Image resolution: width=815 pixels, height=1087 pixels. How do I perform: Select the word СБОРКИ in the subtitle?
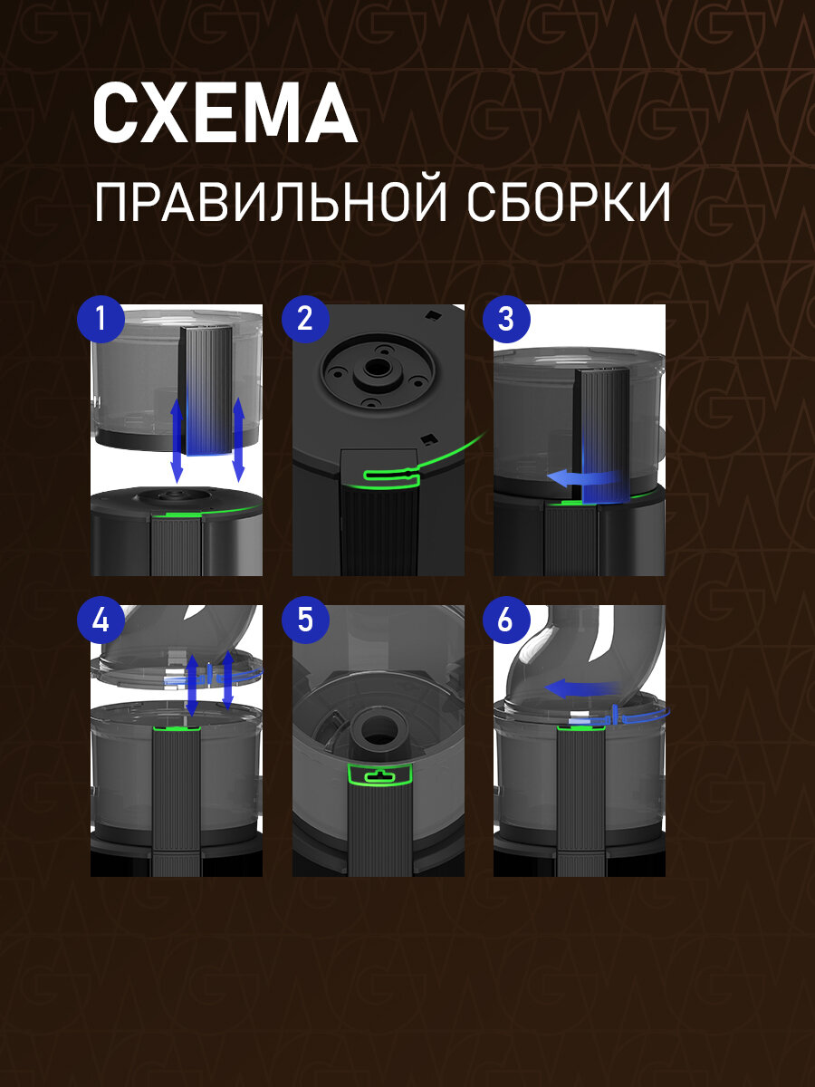569,203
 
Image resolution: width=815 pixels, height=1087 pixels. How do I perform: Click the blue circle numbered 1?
101,320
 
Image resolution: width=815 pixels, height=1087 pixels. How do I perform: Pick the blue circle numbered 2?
305,320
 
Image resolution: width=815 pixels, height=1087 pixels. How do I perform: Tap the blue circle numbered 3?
506,320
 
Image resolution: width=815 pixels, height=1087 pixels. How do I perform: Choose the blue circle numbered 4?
101,620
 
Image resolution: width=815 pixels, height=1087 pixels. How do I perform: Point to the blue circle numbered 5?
305,620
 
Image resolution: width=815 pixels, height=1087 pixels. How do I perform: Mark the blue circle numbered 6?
506,620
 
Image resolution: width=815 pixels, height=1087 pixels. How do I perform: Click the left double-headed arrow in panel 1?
177,440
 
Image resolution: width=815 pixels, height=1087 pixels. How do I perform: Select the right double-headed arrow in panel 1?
239,438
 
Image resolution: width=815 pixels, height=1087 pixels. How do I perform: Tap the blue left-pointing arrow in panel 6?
583,688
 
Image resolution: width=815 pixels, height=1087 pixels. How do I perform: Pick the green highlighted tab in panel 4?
177,728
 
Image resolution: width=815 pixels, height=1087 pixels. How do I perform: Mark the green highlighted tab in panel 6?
581,727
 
